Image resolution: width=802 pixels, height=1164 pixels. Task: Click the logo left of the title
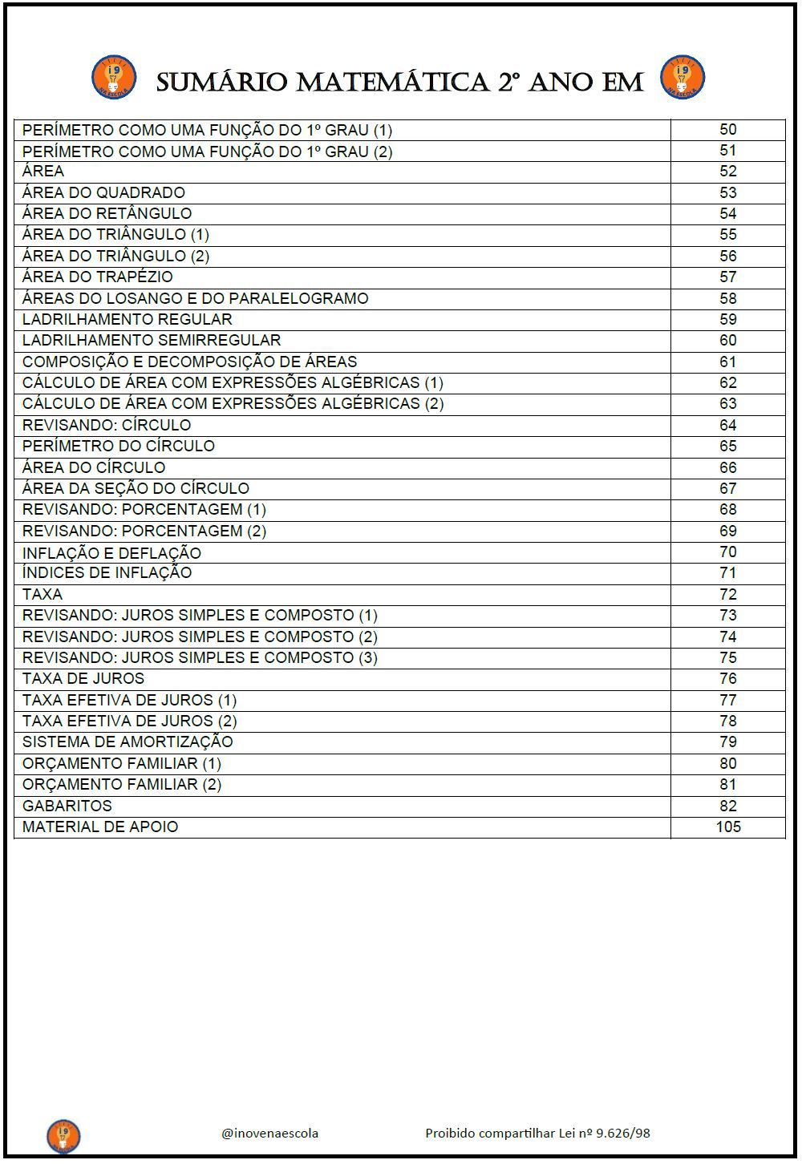[114, 77]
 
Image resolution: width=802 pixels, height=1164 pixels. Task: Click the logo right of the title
[682, 77]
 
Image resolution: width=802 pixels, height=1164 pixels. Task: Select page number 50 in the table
[727, 129]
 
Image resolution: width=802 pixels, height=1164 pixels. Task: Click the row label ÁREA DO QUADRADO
[103, 192]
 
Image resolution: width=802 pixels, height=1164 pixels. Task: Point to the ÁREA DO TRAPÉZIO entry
[97, 277]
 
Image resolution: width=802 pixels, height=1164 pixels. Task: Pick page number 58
[727, 298]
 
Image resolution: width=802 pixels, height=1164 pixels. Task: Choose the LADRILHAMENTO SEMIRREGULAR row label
[152, 340]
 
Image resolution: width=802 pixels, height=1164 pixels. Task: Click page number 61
[727, 362]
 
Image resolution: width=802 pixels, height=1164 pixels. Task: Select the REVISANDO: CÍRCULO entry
[107, 425]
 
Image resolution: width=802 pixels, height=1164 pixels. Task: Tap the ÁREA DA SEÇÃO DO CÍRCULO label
[136, 488]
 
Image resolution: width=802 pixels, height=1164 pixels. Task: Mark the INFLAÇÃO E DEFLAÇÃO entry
[111, 552]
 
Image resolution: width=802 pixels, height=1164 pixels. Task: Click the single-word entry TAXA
[42, 594]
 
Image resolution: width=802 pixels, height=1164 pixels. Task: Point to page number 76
[727, 678]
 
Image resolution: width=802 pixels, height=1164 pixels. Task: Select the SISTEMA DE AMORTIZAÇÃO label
[128, 742]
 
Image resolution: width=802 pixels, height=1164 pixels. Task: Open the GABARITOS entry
[67, 806]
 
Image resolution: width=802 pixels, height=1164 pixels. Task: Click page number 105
[727, 827]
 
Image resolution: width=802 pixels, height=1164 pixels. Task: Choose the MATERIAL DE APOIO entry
[100, 827]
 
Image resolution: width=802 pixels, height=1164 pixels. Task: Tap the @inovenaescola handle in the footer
[269, 1133]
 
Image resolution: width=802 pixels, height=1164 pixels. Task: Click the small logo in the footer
[63, 1135]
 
